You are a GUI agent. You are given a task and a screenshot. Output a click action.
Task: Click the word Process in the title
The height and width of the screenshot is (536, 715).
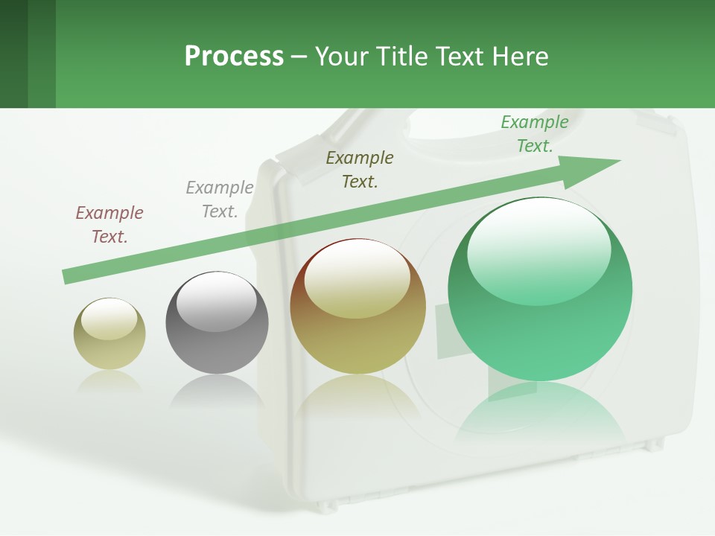234,57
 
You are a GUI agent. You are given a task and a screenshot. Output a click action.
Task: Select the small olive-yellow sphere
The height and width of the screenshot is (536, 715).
109,334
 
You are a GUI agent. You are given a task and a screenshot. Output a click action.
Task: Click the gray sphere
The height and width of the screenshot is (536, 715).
217,323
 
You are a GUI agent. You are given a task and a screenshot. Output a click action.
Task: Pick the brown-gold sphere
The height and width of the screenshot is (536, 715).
357,307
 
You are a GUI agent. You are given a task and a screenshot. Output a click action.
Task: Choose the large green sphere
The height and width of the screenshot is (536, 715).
540,290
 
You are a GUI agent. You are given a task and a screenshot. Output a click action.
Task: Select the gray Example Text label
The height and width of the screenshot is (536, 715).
220,200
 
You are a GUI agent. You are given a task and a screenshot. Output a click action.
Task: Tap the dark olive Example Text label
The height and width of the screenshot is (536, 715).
360,169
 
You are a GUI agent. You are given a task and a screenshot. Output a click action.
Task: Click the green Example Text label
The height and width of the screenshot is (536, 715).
535,134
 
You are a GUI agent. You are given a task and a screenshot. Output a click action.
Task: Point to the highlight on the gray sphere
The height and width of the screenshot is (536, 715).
216,301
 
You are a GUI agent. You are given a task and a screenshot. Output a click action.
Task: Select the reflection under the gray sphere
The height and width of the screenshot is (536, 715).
217,391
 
